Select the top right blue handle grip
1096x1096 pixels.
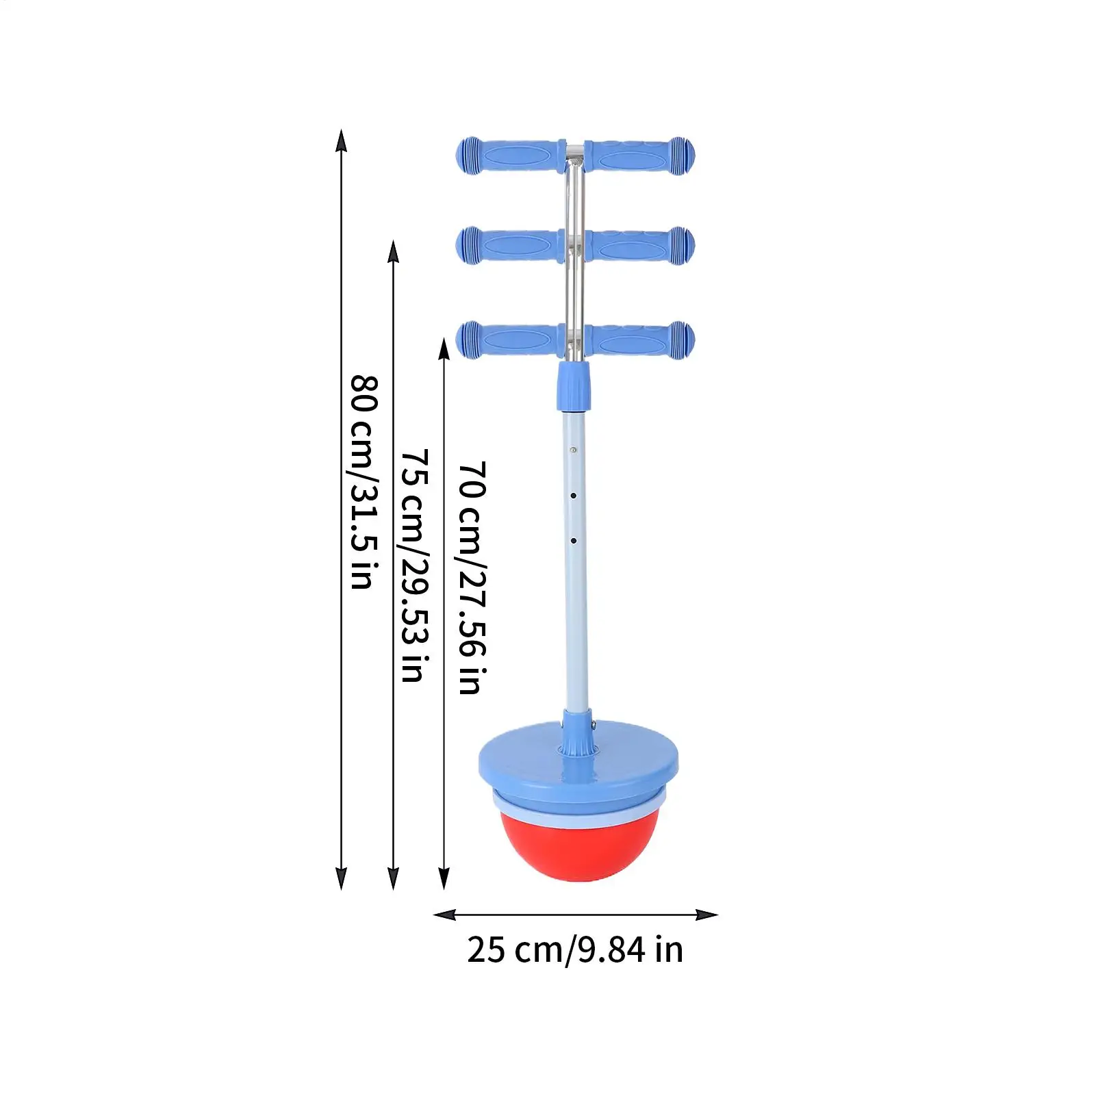tap(640, 156)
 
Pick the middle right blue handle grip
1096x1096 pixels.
tap(640, 245)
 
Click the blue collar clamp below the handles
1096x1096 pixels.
tap(574, 387)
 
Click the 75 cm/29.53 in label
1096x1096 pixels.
tap(415, 565)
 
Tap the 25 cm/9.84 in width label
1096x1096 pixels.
tap(575, 950)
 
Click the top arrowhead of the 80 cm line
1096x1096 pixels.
tap(341, 140)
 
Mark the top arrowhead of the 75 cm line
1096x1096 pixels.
tap(393, 251)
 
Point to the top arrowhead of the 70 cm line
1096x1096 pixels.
tap(444, 348)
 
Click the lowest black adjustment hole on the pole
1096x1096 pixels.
tap(574, 541)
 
